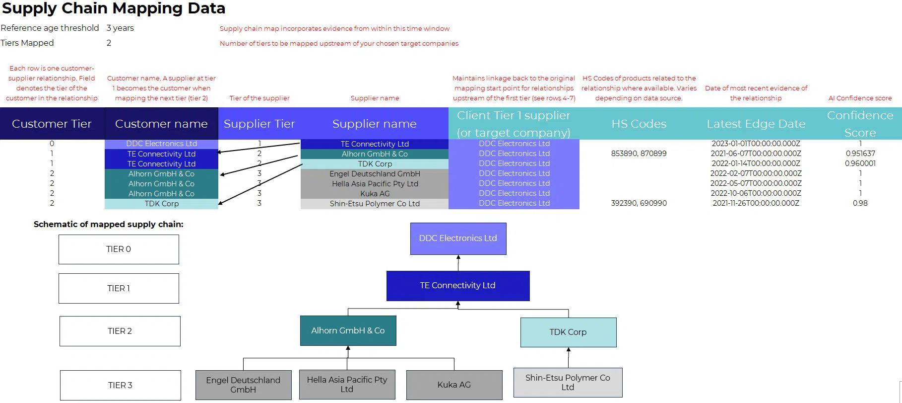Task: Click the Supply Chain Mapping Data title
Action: point(114,8)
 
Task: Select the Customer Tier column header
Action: point(52,124)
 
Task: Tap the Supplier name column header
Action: point(375,124)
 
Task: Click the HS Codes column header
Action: point(639,124)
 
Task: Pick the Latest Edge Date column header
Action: point(756,124)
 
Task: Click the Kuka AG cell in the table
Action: point(375,194)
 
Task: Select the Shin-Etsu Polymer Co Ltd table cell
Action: point(375,204)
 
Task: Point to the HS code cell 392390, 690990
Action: point(639,203)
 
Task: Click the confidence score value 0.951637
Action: point(860,154)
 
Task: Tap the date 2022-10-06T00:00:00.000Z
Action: point(756,193)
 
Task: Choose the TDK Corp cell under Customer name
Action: point(161,204)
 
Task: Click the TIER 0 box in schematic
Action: point(119,249)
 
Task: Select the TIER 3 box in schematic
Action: point(120,385)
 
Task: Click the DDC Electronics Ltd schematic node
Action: point(458,239)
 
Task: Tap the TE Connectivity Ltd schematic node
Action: point(458,286)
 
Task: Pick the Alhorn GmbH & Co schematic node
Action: point(348,331)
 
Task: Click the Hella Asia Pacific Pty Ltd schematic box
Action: point(347,385)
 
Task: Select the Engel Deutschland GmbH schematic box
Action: point(243,385)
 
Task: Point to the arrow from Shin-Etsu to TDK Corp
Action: point(569,357)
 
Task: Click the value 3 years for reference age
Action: point(120,28)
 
